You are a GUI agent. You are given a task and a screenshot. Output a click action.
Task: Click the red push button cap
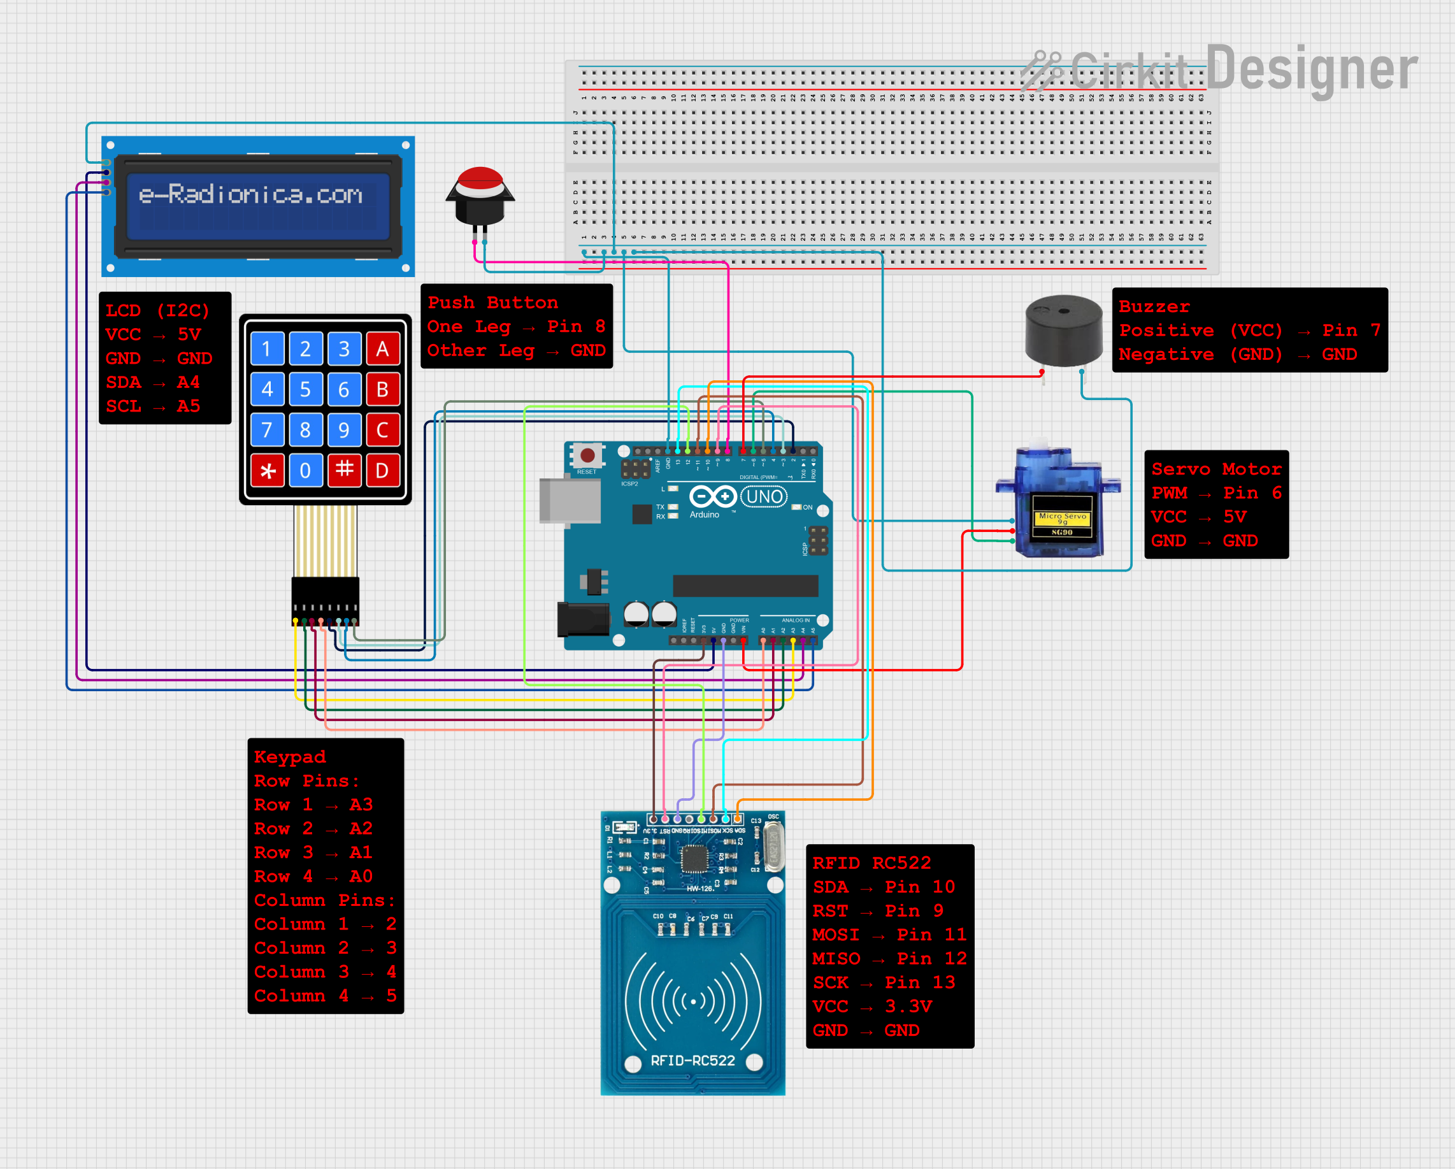tap(480, 179)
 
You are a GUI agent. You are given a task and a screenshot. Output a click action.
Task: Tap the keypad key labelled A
tap(383, 349)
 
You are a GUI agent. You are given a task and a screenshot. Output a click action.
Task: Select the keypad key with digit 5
tap(305, 389)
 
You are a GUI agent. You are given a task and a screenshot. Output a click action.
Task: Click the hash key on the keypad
tap(344, 470)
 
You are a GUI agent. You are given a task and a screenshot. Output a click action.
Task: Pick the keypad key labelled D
tap(383, 470)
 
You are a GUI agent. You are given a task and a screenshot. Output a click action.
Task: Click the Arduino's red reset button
tap(588, 455)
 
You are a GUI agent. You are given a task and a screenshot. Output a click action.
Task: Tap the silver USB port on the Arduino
tap(570, 501)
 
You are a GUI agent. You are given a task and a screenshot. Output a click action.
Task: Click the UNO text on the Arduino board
tap(764, 498)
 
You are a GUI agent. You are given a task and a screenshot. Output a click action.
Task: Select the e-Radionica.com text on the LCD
tap(250, 194)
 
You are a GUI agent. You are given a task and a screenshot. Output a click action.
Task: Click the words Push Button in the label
tap(492, 303)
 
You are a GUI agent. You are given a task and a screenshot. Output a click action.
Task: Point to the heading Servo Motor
tap(1216, 469)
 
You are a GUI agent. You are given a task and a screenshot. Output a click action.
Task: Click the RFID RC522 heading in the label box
tap(871, 863)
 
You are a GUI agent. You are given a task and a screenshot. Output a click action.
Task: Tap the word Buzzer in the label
tap(1154, 306)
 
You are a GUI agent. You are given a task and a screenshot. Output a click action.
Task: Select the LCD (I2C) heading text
tap(157, 310)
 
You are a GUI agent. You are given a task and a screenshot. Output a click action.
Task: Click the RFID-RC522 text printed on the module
tap(692, 1060)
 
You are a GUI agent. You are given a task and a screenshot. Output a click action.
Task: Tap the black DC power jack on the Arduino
tap(582, 619)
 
